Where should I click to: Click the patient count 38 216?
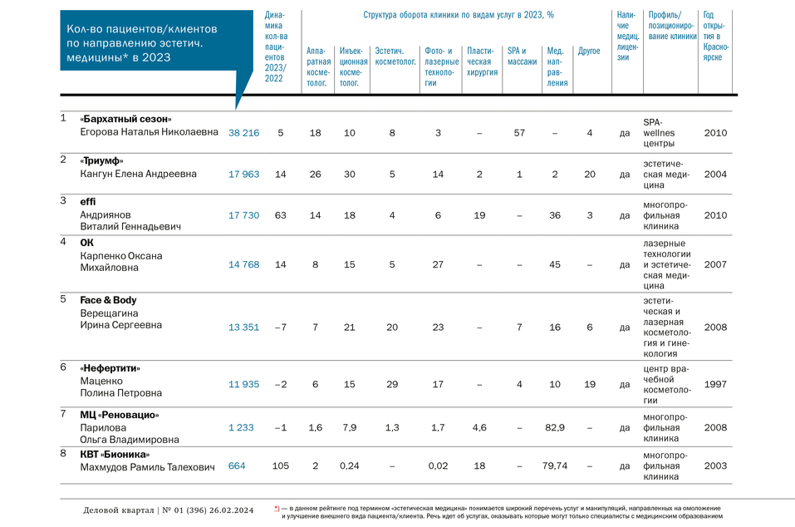click(243, 132)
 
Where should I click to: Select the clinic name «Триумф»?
click(101, 160)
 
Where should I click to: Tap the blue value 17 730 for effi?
click(243, 215)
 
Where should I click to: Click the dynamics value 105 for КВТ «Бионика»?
click(280, 466)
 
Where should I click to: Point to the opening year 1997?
click(714, 384)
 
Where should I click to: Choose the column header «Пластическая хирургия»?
click(482, 62)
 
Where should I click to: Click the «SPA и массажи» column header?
click(522, 57)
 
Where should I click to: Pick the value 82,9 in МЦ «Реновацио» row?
click(554, 427)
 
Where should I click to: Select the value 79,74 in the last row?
click(554, 466)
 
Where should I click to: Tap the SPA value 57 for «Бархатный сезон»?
click(519, 132)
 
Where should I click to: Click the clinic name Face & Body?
click(108, 300)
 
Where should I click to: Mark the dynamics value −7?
click(280, 328)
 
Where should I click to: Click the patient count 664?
click(237, 466)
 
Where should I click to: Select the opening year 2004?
click(714, 174)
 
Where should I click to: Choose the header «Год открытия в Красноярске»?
click(716, 37)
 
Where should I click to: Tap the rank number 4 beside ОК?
click(63, 243)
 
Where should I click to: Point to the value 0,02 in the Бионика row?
click(438, 466)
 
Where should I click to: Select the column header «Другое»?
click(588, 52)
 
